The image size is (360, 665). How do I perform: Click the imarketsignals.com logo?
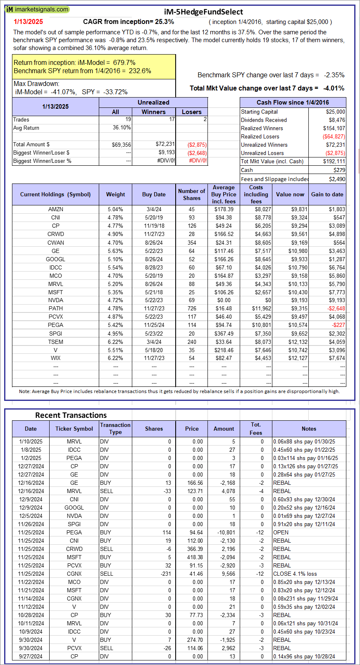coord(37,9)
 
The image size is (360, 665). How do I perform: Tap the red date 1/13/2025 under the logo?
coord(28,22)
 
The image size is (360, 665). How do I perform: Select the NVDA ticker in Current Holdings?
coord(55,300)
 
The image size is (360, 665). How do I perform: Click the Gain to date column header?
coord(327,194)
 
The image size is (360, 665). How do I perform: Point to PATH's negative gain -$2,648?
coord(336,308)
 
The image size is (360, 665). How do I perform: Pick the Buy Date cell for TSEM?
coord(154,342)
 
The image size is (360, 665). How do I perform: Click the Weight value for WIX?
coord(115,358)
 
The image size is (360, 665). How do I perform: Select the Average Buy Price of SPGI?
coord(224,334)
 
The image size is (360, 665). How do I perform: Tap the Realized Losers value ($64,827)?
coord(334,136)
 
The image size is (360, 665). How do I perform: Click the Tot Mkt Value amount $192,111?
coord(334,161)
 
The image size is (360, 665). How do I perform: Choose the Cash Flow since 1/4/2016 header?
coord(293,102)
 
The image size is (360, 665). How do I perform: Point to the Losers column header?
coord(191,112)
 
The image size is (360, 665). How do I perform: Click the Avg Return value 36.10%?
coord(122,128)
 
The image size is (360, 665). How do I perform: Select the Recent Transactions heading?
coord(71,415)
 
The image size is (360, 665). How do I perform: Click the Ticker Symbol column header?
coord(74,429)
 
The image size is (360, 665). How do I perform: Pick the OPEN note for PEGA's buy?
coord(281,532)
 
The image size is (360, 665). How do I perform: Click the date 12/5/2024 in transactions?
coord(31,516)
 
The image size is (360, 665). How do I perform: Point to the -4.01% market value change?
coord(334,88)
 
